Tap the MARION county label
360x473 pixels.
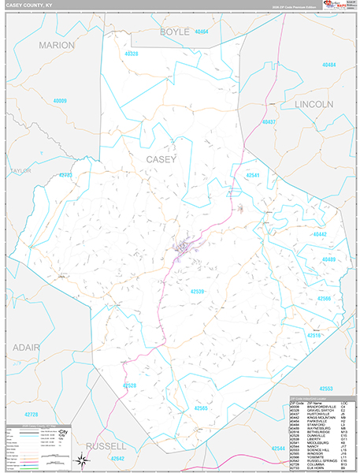[x=56, y=45]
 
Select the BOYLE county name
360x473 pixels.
[x=175, y=32]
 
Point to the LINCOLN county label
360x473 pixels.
[x=314, y=104]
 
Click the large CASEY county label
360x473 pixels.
[x=161, y=160]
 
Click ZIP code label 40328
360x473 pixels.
[x=130, y=54]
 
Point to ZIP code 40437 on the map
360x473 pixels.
[x=269, y=122]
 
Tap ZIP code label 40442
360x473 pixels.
[x=319, y=235]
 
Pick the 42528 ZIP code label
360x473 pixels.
[x=129, y=385]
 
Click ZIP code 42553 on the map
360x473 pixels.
[x=326, y=389]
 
